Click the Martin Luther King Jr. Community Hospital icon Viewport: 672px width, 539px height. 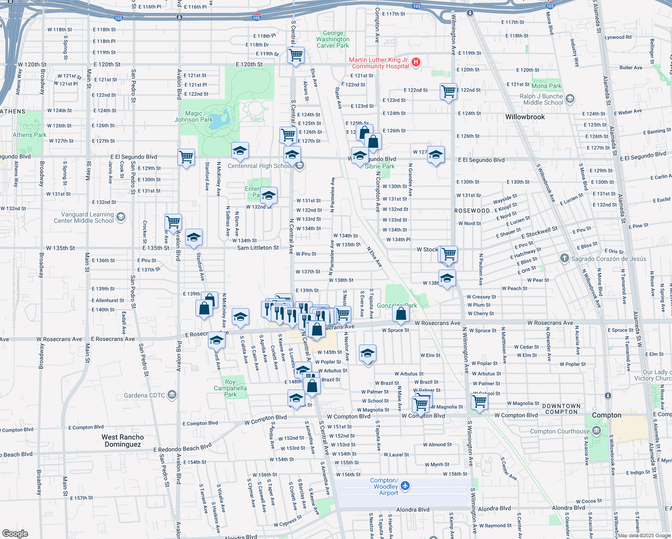click(416, 62)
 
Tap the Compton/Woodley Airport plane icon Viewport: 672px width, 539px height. click(405, 486)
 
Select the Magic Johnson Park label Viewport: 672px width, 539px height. click(194, 117)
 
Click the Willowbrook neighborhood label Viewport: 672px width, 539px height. click(525, 117)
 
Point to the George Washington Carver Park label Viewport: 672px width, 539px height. click(332, 40)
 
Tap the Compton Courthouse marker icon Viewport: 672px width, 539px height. click(597, 431)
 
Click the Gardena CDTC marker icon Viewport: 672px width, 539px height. click(172, 395)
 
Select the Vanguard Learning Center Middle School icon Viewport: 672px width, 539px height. click(120, 217)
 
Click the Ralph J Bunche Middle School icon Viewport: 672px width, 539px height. click(570, 99)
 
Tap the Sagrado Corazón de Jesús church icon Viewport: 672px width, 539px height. click(565, 259)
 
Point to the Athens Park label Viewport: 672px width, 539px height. click(29, 135)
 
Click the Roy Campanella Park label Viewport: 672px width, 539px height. click(230, 388)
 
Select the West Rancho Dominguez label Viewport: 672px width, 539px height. click(123, 441)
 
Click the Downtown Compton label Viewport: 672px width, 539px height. click(561, 409)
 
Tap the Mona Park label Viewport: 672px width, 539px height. click(546, 86)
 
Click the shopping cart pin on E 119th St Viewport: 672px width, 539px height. click(296, 55)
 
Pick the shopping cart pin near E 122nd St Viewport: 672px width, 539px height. click(448, 91)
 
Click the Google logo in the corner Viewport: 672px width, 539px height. click(15, 533)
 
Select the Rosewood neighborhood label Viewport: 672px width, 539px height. click(472, 211)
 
